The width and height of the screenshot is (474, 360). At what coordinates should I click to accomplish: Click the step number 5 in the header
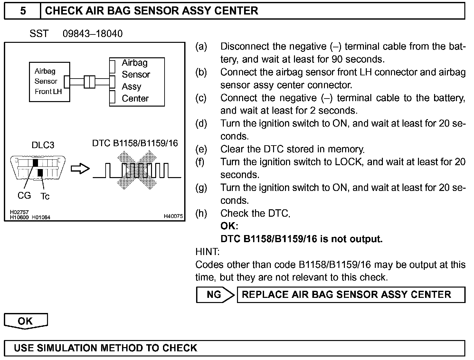coord(23,11)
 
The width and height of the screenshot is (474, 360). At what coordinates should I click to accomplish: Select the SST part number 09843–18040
coord(92,34)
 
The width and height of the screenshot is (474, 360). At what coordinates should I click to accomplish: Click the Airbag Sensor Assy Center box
coord(137,82)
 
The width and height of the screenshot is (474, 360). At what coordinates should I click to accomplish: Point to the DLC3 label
coord(43,145)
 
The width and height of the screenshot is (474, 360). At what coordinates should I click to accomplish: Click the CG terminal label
coord(24,195)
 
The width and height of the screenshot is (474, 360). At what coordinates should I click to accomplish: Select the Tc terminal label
coord(45,196)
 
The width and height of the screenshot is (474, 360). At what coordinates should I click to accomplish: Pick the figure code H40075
coord(173,216)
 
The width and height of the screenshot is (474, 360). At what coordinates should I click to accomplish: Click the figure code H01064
coord(41,217)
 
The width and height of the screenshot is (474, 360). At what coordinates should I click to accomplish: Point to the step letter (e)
coord(201,149)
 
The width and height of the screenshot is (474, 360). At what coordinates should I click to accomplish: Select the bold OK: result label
coord(229,226)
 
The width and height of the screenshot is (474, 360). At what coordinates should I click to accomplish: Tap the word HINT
coord(207,251)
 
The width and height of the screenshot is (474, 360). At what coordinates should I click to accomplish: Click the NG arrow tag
coord(215,295)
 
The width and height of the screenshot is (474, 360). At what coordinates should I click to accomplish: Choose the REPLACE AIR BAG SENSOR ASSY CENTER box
coord(351,295)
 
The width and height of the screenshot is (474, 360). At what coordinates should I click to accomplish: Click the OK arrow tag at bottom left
coord(26,321)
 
